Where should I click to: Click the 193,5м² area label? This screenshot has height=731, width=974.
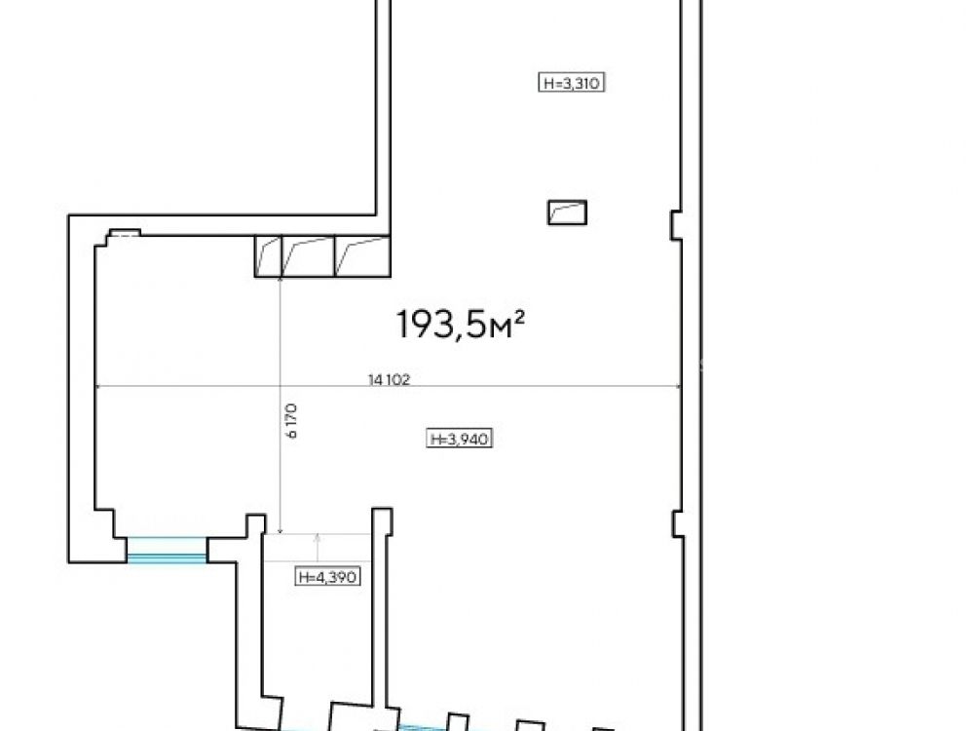point(461,325)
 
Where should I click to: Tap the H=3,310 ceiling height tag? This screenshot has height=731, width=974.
point(572,83)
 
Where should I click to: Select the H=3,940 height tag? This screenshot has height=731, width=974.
point(461,439)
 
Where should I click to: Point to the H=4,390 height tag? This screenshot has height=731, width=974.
point(327,577)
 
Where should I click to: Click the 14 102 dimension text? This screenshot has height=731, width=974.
point(390,379)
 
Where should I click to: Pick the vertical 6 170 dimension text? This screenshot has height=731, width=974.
point(292,421)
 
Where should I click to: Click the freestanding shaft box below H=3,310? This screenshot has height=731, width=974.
point(567,212)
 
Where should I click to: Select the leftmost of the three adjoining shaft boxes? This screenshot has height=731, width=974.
point(268,256)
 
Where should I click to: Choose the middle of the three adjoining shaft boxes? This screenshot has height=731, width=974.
point(308,256)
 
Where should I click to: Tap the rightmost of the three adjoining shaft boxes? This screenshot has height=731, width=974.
point(362,256)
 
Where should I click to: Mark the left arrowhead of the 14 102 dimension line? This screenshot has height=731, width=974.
point(97,387)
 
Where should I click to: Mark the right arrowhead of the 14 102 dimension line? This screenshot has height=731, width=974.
point(678,387)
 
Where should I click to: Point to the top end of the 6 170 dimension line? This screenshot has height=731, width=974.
point(281,278)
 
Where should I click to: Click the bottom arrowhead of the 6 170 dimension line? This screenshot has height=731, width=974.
point(281,530)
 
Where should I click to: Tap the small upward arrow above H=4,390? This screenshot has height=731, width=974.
point(318,547)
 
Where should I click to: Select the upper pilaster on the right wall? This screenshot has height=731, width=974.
point(676,226)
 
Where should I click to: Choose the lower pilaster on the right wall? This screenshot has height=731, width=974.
point(678,523)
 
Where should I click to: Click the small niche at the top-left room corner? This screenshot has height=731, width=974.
point(125,233)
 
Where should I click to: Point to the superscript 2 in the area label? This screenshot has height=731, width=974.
point(520,318)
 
